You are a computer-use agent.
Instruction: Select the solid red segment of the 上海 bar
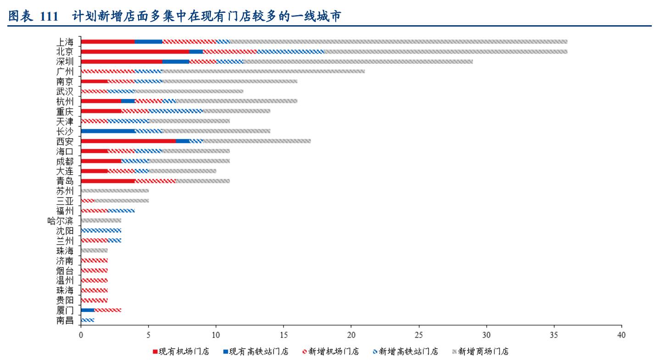(108, 41)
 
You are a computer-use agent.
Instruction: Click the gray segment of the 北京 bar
(445, 51)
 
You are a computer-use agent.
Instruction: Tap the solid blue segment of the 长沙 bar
(108, 131)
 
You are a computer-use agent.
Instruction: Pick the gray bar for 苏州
(115, 190)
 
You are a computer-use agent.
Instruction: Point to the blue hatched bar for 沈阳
(101, 230)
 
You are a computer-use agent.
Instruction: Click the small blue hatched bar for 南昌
(88, 320)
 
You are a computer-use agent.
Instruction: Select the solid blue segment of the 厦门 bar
(88, 310)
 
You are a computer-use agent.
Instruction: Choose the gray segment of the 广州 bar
(263, 71)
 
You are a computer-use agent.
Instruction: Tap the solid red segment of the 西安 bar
(128, 141)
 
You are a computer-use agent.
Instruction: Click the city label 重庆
(65, 111)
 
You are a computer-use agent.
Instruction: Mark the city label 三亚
(65, 200)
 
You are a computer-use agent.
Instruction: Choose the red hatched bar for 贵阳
(94, 300)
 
